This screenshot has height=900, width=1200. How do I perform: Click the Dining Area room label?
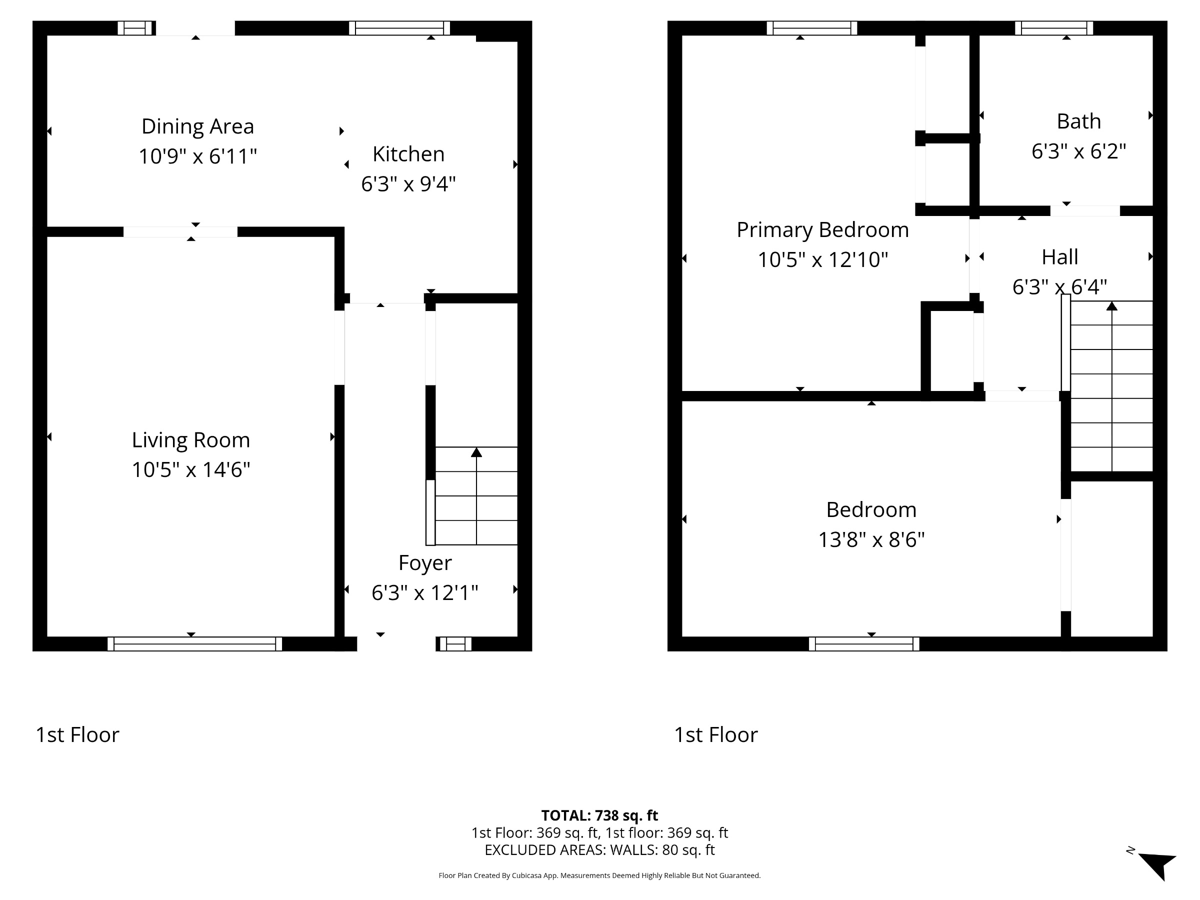pos(197,126)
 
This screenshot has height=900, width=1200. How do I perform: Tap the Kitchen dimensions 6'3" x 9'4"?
pos(408,184)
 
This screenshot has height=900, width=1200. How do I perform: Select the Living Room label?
pos(191,440)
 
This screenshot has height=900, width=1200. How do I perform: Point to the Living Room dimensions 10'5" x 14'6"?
pos(191,469)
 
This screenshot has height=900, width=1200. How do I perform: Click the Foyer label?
pos(425,563)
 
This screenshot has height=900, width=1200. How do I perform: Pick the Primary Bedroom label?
pos(822,230)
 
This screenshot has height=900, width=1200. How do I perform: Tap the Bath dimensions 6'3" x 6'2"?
pos(1078,151)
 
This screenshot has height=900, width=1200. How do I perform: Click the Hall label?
pos(1059,257)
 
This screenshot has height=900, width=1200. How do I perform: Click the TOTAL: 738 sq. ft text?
pos(599,815)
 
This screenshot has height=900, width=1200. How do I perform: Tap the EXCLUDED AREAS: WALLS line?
pos(599,850)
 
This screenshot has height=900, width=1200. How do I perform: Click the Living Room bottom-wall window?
pos(195,644)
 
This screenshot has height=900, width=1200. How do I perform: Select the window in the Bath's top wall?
pos(1053,28)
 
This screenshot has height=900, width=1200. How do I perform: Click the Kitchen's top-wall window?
pos(399,28)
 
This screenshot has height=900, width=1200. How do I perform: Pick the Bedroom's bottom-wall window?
pos(864,644)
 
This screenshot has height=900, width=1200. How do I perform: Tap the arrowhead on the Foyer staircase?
pos(476,452)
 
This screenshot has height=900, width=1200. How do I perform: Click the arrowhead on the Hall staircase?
pos(1111,306)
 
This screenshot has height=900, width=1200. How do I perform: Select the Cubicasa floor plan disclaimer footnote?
pos(599,875)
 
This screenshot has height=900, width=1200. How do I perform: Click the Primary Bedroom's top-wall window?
pos(811,28)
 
